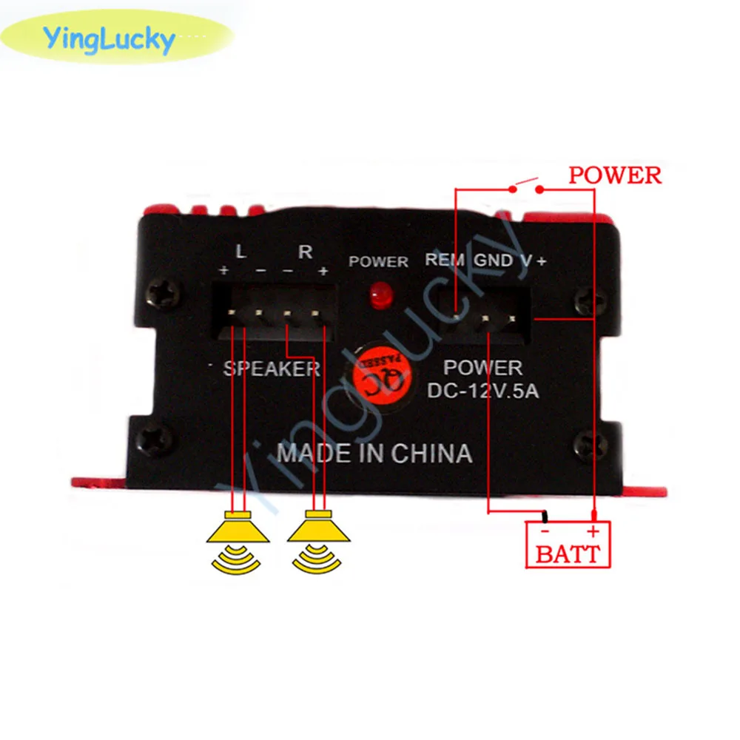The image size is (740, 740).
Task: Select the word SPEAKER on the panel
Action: click(x=272, y=369)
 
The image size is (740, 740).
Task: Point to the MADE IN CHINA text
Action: click(x=374, y=453)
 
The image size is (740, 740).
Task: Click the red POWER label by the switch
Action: click(x=614, y=175)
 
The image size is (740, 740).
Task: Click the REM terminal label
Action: click(x=445, y=260)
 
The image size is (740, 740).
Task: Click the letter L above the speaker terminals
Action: click(x=240, y=252)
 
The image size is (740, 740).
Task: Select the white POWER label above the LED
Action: click(x=378, y=261)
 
